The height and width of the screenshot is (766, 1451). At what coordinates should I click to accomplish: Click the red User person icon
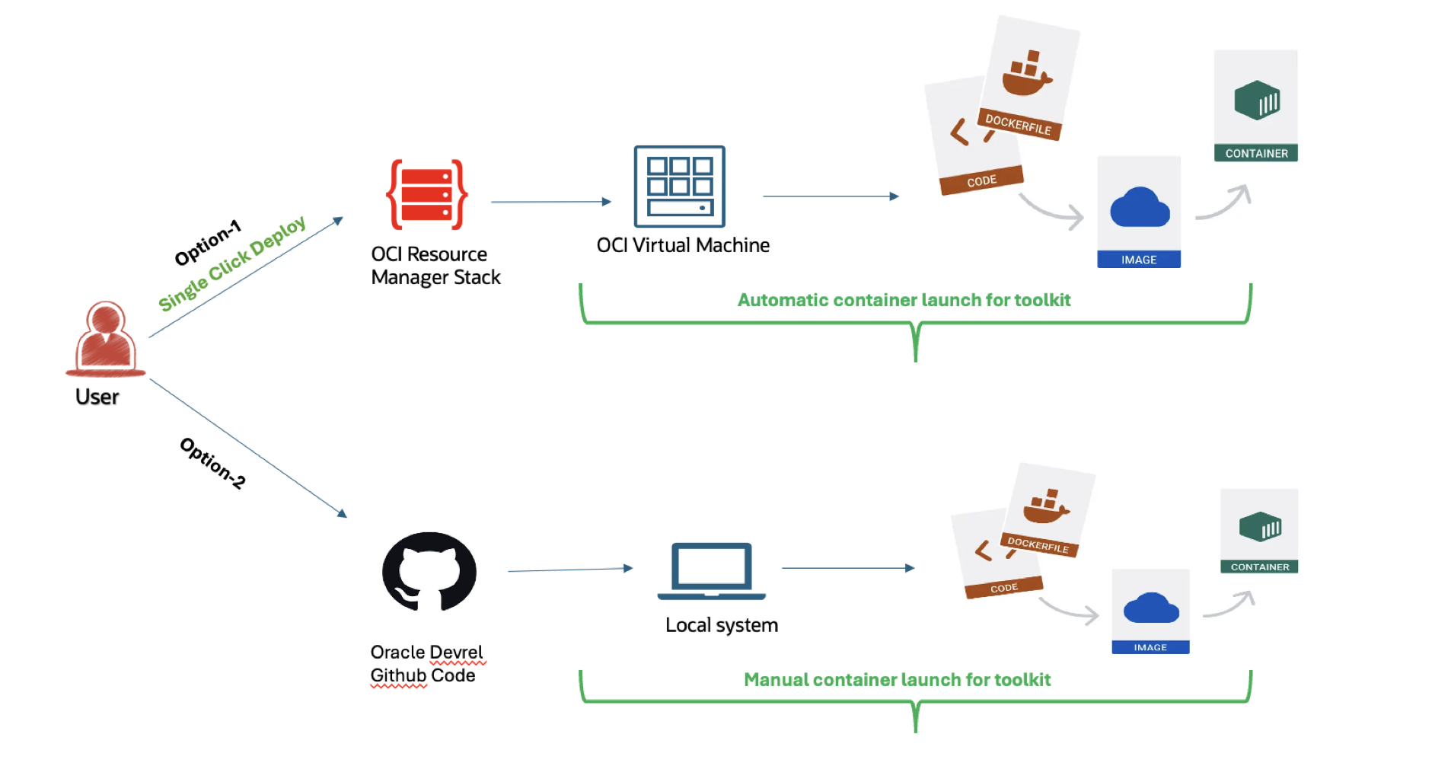coord(105,339)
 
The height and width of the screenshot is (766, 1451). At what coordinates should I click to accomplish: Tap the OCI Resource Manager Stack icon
coord(427,194)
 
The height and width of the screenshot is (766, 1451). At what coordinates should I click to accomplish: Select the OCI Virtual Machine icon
coord(679,187)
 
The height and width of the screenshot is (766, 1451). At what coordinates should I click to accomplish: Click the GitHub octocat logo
coord(429,571)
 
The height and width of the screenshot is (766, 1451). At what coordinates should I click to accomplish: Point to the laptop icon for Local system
coord(712,571)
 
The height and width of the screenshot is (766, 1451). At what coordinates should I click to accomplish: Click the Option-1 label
coord(208,243)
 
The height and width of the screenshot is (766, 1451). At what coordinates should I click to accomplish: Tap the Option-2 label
coord(212,463)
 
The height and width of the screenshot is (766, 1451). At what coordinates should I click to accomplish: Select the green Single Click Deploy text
coord(232,263)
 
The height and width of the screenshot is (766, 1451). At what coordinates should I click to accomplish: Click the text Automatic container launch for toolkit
coord(904,300)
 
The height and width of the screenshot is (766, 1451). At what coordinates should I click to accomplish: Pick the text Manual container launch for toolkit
coord(897,680)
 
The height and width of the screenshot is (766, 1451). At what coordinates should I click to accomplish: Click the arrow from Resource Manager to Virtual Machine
coord(551,202)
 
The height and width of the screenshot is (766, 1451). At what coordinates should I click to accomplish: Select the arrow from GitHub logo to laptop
coord(570,569)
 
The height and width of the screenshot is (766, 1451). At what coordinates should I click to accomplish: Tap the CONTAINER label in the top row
coord(1256,153)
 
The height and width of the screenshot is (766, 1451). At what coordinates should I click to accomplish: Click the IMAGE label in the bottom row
coord(1150,647)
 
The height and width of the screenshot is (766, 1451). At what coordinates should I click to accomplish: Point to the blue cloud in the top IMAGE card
coord(1140,208)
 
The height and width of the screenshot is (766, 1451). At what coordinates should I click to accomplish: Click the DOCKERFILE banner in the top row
coord(1018,124)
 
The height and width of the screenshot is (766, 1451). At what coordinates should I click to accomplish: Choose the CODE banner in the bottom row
coord(1003,588)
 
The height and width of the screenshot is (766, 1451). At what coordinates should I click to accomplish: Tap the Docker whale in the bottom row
coord(1047,508)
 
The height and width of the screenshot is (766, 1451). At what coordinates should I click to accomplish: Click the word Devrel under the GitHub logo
coord(456,653)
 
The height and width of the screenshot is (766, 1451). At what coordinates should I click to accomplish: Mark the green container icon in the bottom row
coord(1260,527)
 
